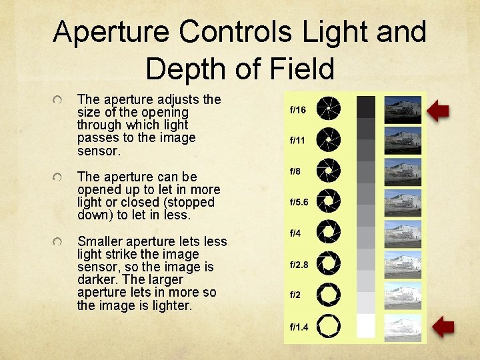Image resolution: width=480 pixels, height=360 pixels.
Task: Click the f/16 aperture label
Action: (x=297, y=110)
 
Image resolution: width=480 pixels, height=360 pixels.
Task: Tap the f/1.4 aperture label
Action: (x=299, y=327)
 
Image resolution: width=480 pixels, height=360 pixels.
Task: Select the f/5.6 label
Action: (x=299, y=202)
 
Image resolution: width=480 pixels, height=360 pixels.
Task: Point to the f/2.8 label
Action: (x=299, y=265)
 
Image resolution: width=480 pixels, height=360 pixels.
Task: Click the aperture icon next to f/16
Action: (x=328, y=108)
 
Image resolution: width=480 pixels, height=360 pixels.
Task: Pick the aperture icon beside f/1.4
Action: (x=328, y=326)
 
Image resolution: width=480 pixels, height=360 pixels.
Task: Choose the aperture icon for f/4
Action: (x=328, y=232)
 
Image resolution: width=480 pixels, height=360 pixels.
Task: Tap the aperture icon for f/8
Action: (x=328, y=170)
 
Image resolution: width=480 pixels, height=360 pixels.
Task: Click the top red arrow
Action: (x=438, y=111)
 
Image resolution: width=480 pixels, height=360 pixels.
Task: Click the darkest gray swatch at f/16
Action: (x=366, y=107)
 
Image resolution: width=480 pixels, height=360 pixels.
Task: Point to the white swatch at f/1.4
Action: (x=366, y=326)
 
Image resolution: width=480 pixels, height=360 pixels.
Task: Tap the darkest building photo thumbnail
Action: (x=403, y=109)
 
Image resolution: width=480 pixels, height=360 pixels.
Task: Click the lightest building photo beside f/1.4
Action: (x=403, y=327)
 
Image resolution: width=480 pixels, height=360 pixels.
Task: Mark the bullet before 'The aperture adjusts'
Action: (x=60, y=100)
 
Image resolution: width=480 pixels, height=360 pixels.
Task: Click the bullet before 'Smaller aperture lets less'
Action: (x=60, y=241)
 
